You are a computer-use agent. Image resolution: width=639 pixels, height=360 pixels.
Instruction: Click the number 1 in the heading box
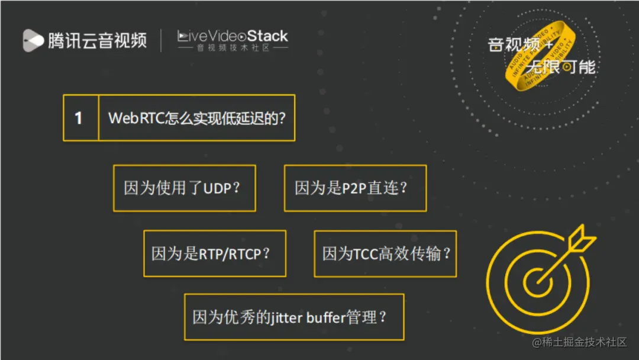[79, 118]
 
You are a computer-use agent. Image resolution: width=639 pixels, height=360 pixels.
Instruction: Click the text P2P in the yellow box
[355, 188]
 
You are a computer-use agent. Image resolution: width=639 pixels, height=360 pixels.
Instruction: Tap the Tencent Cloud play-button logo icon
[33, 40]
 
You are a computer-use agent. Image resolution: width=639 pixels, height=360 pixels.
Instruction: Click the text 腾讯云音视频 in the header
[98, 40]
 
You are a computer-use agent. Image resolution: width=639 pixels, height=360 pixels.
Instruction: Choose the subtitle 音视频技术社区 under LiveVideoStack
[233, 48]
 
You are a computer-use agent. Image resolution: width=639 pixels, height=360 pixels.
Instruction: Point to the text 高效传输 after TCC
[414, 254]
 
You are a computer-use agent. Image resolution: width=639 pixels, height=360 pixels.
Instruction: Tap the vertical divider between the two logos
[162, 40]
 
